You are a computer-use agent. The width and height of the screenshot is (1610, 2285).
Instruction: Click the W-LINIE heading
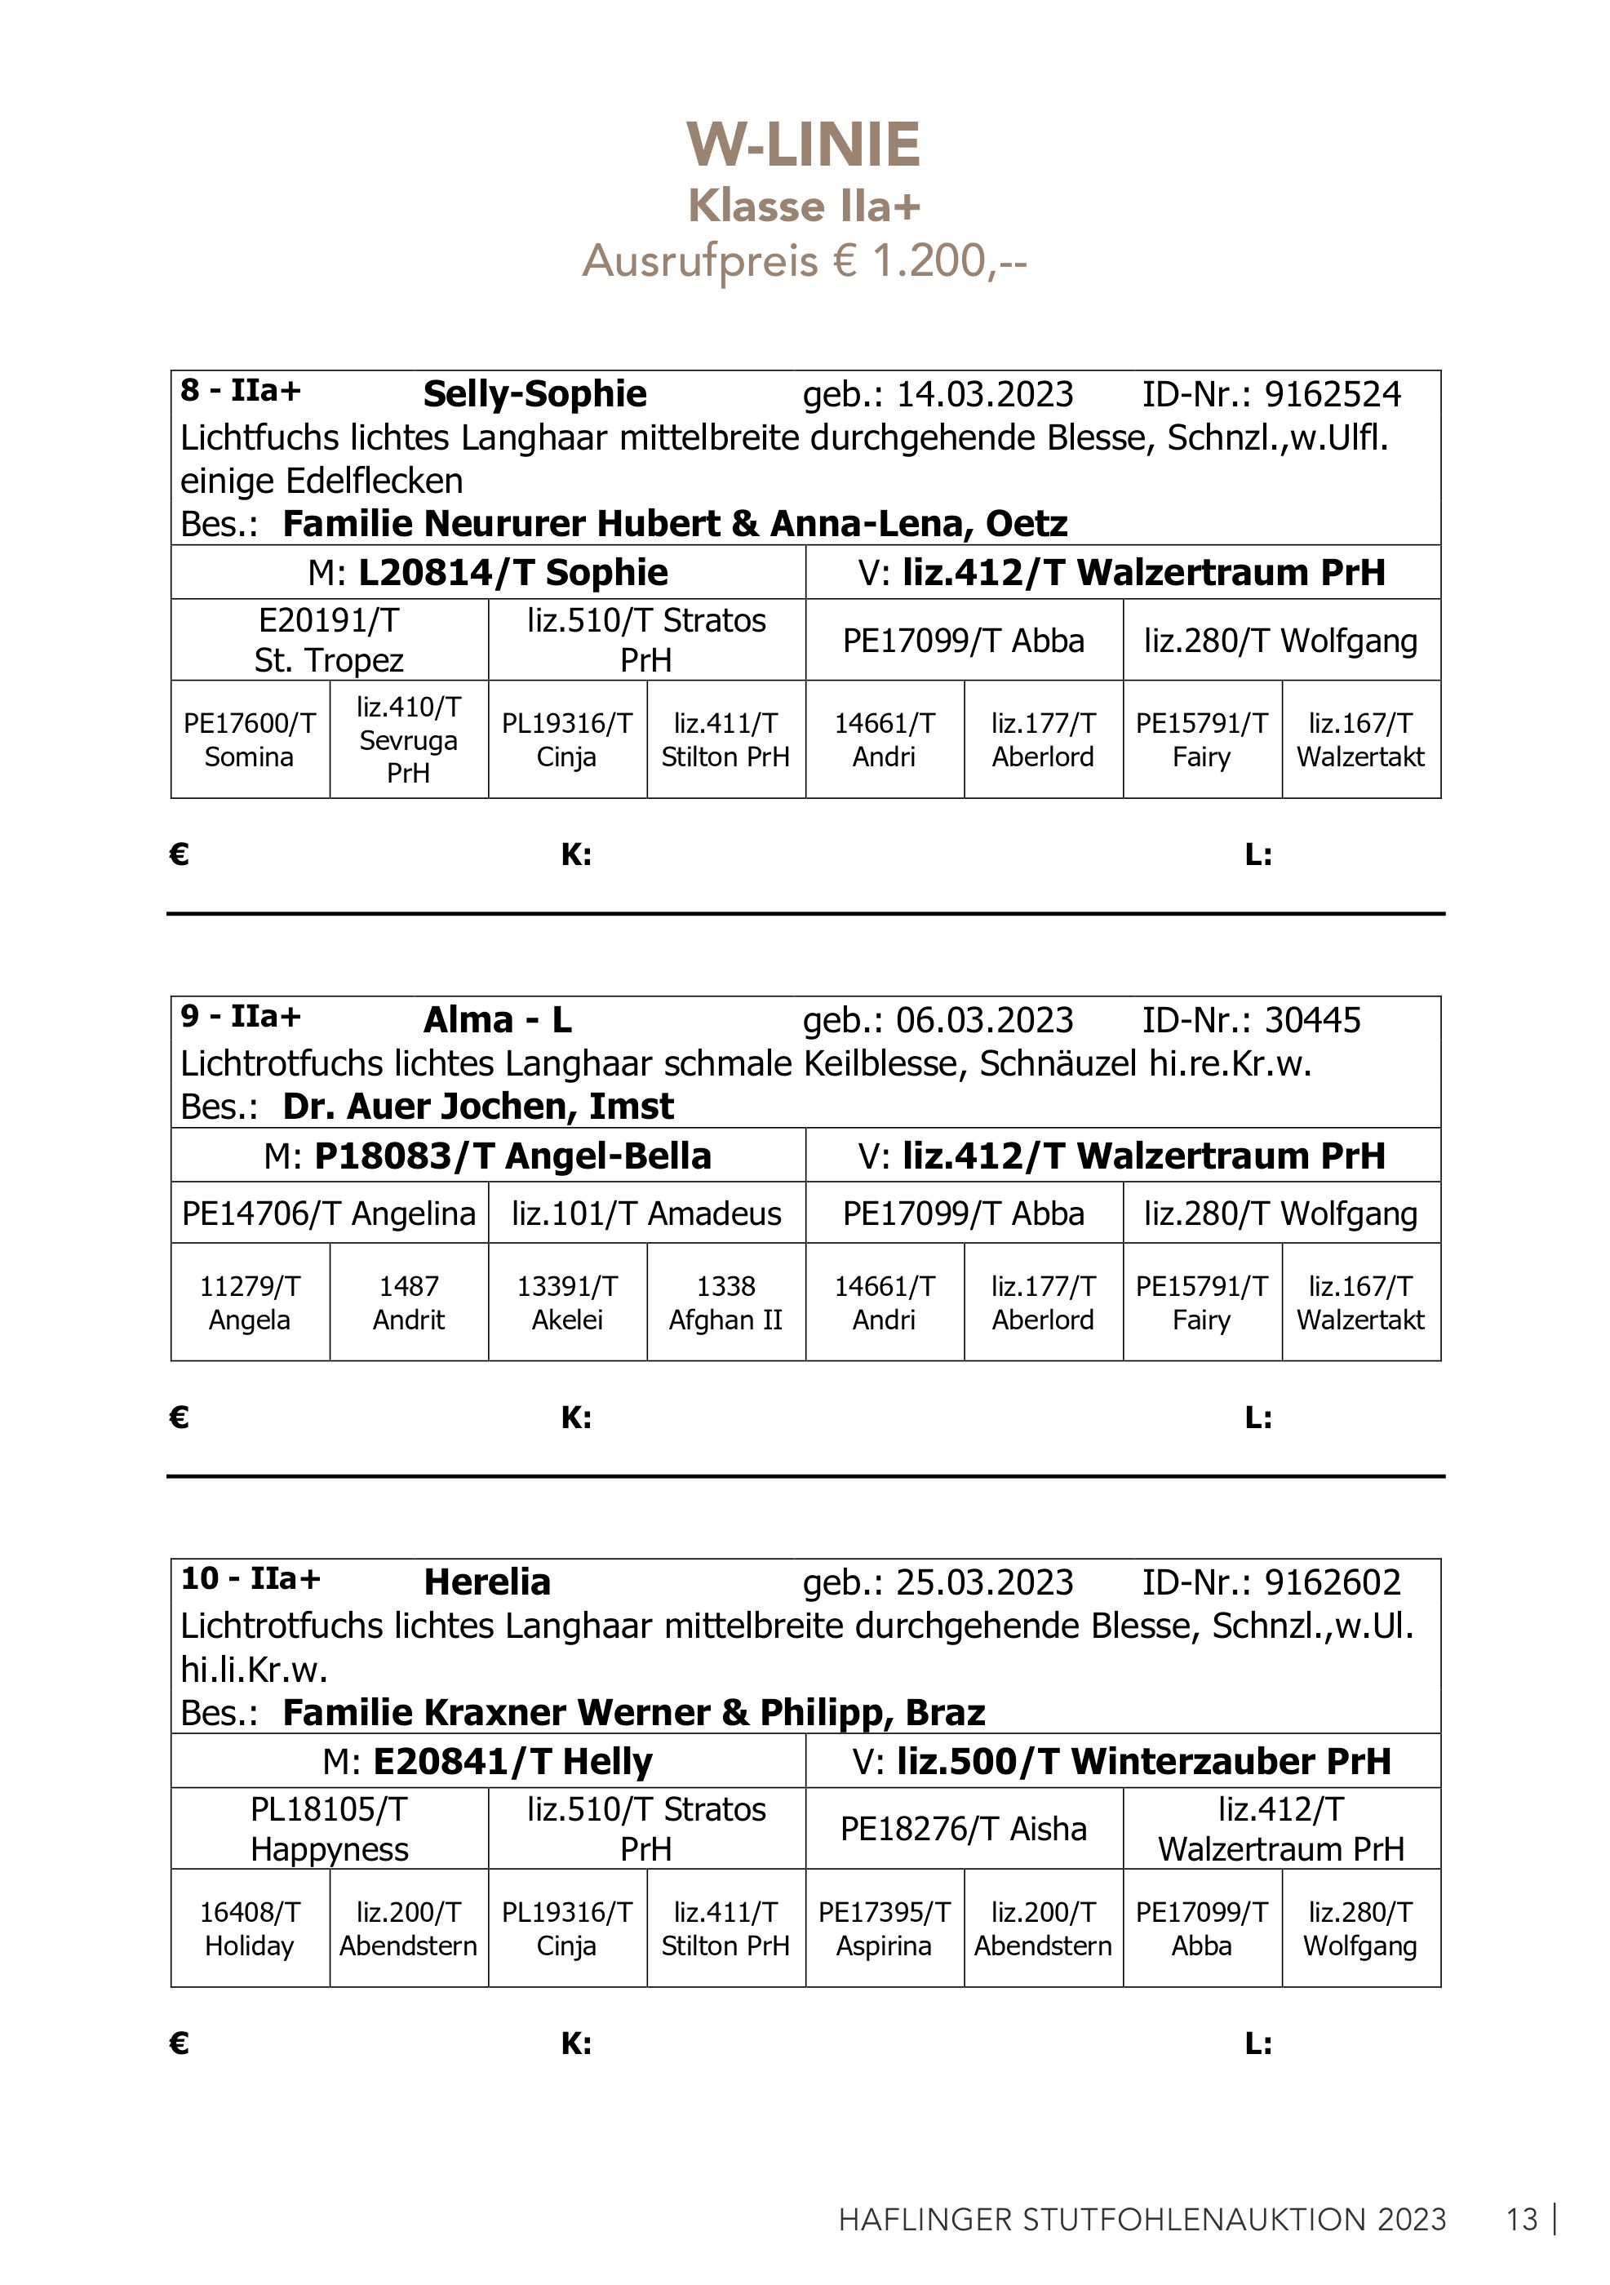(804, 145)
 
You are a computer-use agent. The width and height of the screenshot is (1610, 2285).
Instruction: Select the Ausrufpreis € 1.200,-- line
(804, 262)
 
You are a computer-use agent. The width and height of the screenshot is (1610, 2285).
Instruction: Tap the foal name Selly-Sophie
(534, 394)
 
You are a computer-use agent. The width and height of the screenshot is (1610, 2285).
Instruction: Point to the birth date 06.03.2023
(984, 1020)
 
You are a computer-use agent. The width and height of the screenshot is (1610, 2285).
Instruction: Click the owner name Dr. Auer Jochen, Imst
(477, 1107)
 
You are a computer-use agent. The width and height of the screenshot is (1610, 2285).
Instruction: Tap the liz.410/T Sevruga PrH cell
(408, 739)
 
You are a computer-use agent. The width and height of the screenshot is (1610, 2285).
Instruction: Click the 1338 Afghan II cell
(725, 1302)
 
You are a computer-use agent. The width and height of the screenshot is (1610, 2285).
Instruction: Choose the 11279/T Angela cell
(250, 1302)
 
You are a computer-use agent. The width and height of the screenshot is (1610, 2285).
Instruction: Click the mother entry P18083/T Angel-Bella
(512, 1156)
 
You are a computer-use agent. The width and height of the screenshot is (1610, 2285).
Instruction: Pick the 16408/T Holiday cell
(250, 1928)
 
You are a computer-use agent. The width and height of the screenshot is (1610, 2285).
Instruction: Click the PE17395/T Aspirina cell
(884, 1928)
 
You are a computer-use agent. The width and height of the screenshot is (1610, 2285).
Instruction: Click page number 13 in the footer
(1523, 2220)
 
